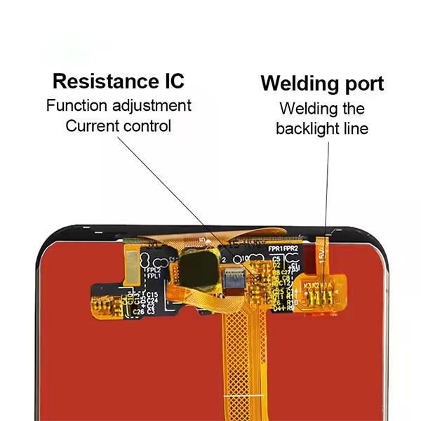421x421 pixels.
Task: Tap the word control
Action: coord(147,126)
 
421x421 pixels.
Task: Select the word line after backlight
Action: coord(356,129)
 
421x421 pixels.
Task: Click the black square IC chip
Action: coord(197,267)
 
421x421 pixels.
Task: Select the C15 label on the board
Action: coord(152,294)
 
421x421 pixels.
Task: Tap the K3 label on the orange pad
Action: coord(308,285)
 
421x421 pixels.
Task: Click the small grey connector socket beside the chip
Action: coord(231,279)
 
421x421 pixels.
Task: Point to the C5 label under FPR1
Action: coord(276,260)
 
